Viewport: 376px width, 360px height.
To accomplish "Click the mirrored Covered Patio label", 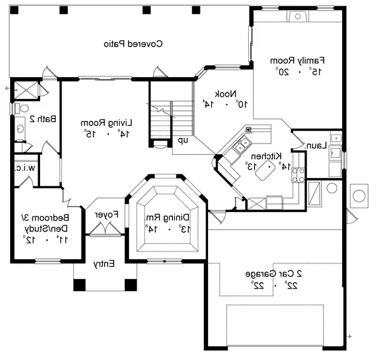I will tap(132, 44).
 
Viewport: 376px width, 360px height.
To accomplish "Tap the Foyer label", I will tap(107, 214).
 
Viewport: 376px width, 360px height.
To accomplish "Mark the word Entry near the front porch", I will tap(104, 265).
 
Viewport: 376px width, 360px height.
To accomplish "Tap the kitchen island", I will tap(271, 168).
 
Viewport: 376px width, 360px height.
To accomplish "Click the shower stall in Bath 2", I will tap(25, 89).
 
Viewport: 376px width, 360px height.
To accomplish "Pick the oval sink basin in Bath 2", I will tap(21, 129).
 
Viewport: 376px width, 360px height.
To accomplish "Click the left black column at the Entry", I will tap(80, 284).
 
